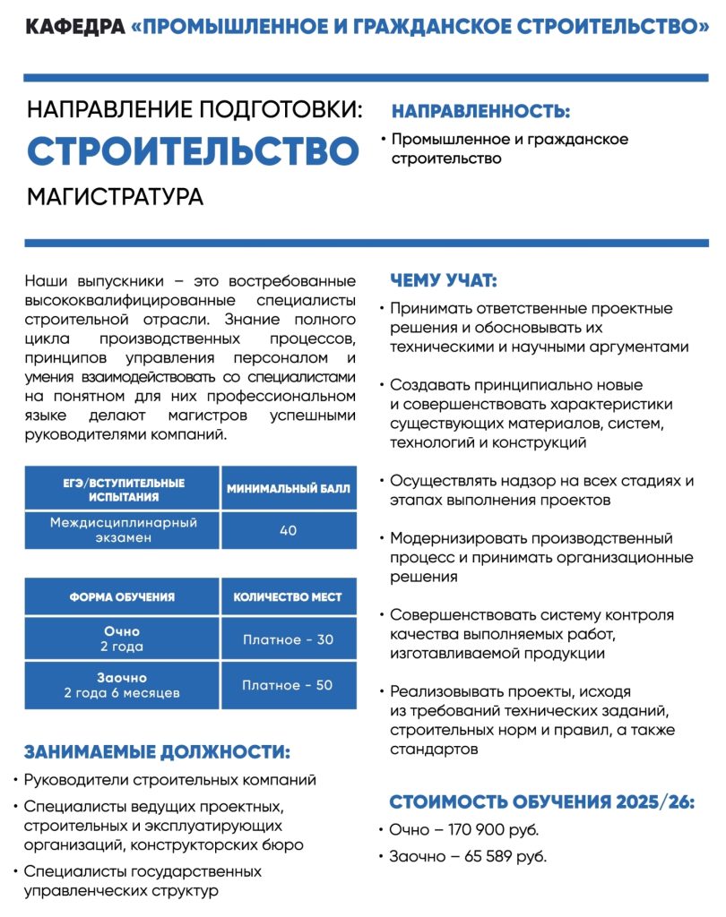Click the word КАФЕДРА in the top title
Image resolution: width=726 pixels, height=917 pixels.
(x=74, y=26)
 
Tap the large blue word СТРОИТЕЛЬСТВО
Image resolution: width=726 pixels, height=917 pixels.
(x=193, y=151)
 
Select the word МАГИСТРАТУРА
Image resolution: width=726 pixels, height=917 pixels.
(x=116, y=196)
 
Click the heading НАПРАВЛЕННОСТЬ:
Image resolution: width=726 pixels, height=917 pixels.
(x=480, y=113)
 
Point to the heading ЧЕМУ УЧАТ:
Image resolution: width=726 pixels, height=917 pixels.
(x=444, y=280)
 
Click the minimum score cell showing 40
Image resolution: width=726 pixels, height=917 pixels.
(x=288, y=530)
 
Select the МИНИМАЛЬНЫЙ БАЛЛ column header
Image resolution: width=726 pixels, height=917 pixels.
(x=288, y=489)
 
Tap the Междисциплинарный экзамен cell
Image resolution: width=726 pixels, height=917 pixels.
(x=123, y=530)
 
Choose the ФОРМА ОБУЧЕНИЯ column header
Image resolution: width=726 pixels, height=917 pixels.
(x=122, y=597)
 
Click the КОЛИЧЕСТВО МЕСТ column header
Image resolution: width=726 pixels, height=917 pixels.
(x=288, y=597)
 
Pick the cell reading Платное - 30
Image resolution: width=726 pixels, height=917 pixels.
(x=288, y=639)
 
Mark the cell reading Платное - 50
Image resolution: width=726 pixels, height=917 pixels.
(x=288, y=685)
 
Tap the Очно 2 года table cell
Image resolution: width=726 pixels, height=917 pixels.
(x=122, y=639)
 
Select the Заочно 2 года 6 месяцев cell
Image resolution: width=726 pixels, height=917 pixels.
(x=122, y=685)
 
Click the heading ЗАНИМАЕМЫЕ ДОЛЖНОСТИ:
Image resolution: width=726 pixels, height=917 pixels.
(x=157, y=751)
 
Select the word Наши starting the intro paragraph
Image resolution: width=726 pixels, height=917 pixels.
(x=46, y=281)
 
